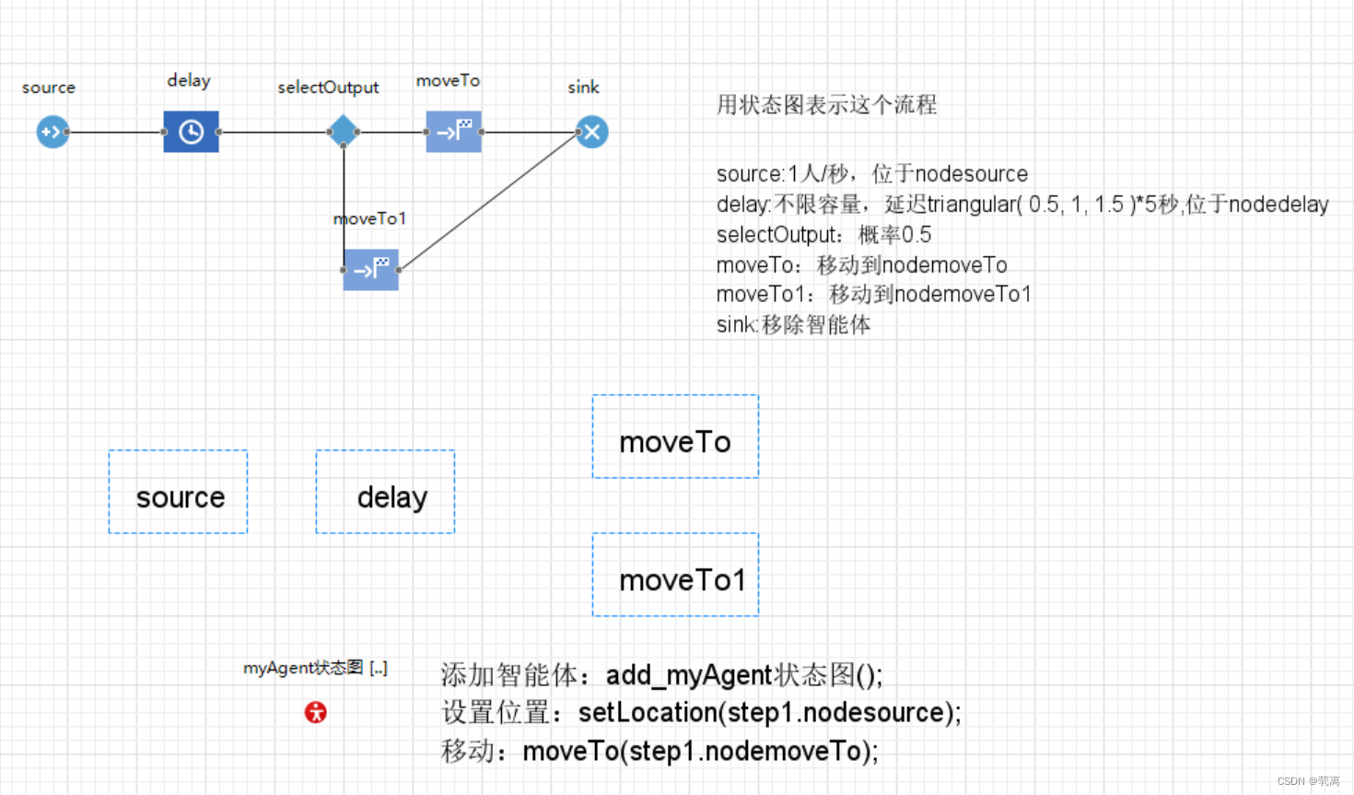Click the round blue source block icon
tap(53, 132)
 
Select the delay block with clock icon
tap(191, 132)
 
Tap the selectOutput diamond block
tap(343, 132)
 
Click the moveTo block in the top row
tap(453, 132)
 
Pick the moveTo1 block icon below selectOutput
tap(370, 270)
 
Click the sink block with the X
tap(591, 132)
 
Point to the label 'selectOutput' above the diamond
tap(328, 88)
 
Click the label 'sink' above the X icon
tap(583, 88)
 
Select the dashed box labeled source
tap(178, 492)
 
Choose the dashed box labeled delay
tap(385, 492)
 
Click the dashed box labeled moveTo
tap(675, 437)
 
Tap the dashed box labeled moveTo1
tap(675, 575)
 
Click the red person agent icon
tap(316, 712)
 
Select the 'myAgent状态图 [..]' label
tap(315, 668)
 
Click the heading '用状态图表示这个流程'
tap(826, 105)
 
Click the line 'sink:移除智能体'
tap(793, 325)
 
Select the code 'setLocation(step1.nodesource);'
tap(769, 713)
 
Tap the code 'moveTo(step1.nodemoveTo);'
tap(700, 752)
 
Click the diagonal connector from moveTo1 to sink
tap(488, 202)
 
